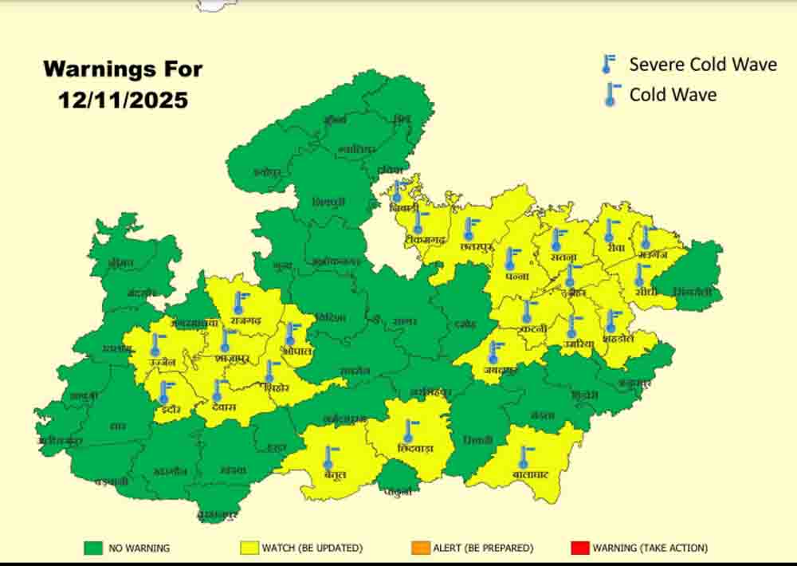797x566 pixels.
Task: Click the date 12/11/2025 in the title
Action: click(x=123, y=100)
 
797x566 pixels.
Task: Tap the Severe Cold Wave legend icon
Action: click(x=610, y=65)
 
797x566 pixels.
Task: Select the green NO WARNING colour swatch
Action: click(x=94, y=548)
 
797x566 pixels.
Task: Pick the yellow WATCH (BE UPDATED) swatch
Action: click(x=250, y=548)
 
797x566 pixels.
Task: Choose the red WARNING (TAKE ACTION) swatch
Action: click(x=579, y=548)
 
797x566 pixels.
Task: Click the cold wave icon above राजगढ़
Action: click(x=238, y=302)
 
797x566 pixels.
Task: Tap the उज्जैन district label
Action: click(x=162, y=364)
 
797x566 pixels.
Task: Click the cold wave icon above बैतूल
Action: click(x=328, y=458)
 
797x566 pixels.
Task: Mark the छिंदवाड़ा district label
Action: click(x=414, y=449)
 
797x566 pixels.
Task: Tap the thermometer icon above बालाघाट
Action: click(x=524, y=457)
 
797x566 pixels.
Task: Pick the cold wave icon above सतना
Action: click(x=557, y=238)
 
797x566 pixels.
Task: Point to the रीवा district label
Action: click(x=614, y=248)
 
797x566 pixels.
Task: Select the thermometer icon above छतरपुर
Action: click(x=469, y=229)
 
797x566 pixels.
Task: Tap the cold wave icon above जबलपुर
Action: click(x=495, y=352)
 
